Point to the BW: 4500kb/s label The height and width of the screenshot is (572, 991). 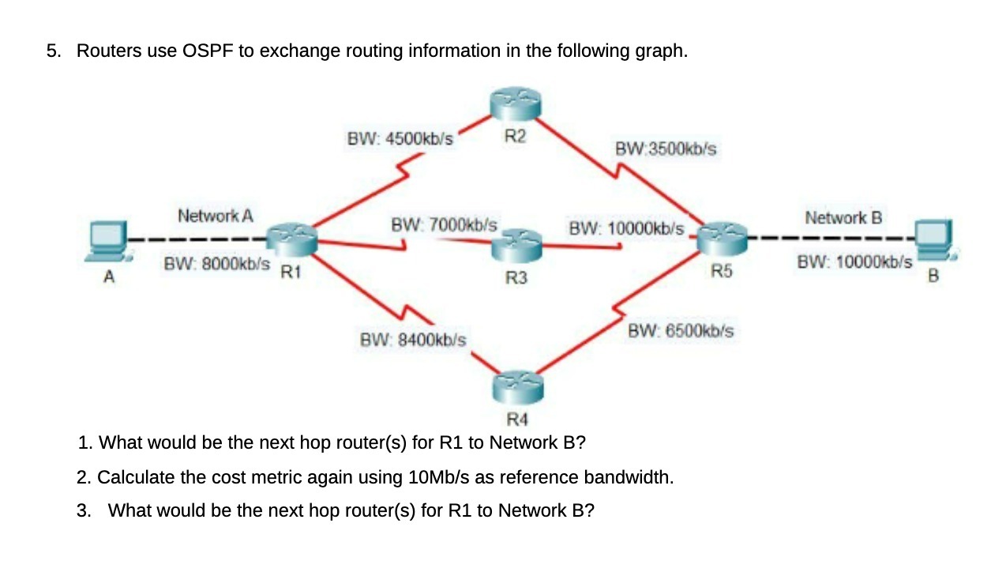coord(400,138)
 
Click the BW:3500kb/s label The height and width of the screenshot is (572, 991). coord(665,149)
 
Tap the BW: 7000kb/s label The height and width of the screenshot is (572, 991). coord(444,224)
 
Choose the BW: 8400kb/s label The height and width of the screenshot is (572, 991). coord(412,341)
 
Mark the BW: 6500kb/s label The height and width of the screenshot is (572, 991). coord(681,331)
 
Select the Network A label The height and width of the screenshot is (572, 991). coord(215,215)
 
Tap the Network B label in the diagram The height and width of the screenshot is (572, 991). coord(843,216)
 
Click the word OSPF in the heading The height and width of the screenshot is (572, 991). coord(209,51)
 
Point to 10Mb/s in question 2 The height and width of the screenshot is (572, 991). coord(436,477)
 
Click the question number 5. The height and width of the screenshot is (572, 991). coord(51,51)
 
